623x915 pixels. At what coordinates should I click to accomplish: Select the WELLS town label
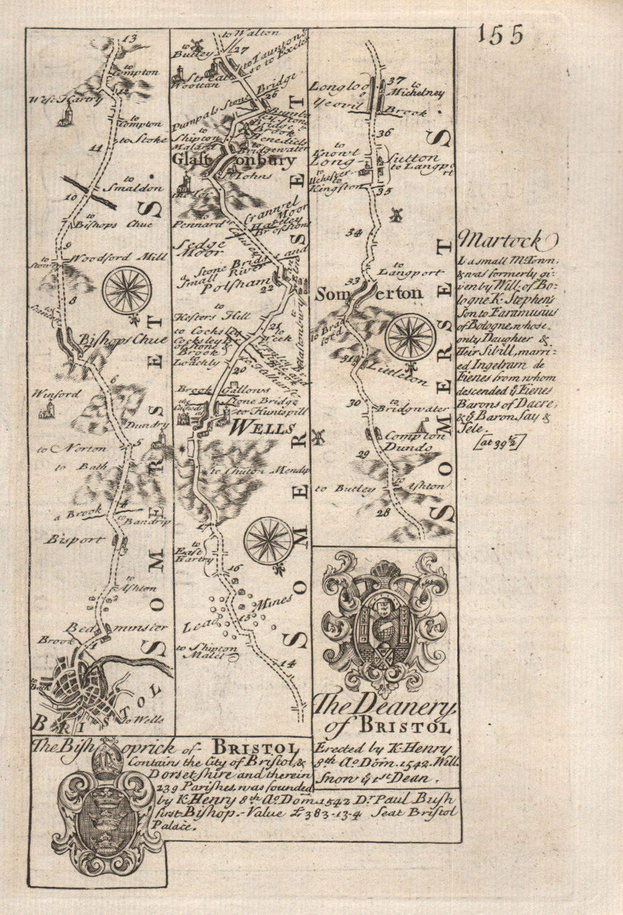[262, 428]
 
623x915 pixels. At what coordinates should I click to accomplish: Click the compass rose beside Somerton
[409, 336]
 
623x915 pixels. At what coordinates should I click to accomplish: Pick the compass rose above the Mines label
[269, 541]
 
